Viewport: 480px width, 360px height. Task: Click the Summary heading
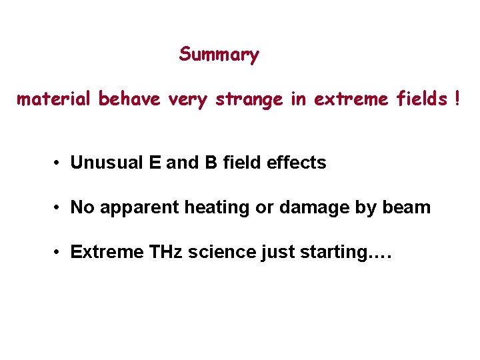coord(219,54)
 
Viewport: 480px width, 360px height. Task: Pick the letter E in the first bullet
coord(155,163)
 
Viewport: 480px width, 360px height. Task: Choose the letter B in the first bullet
coord(211,163)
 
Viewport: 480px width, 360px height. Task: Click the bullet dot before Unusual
coord(59,163)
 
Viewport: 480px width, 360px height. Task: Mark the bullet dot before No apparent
coord(59,208)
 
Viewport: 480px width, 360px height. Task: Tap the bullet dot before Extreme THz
coord(59,253)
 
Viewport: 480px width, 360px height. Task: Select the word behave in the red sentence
coord(129,99)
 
